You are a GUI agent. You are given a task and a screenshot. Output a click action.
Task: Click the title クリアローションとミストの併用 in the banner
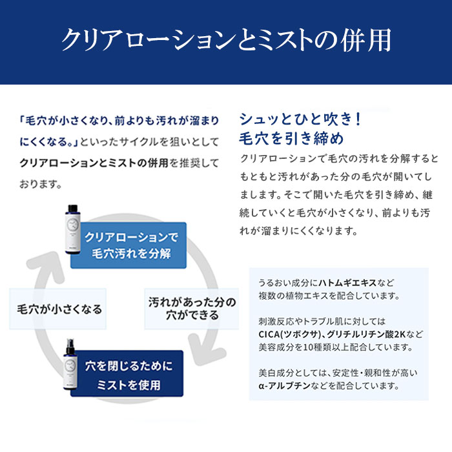coord(226,40)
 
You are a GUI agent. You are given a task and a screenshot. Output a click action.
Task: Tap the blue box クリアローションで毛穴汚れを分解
coord(128,245)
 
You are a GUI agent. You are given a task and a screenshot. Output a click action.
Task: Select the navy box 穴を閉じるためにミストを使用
coord(127,374)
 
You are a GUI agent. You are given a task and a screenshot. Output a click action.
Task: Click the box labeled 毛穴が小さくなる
coord(58,309)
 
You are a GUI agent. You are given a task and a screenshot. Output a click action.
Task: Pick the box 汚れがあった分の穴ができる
coord(192,309)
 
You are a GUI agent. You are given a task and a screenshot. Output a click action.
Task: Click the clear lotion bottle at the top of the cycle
coord(72,229)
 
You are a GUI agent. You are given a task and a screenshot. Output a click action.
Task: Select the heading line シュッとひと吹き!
coord(300,119)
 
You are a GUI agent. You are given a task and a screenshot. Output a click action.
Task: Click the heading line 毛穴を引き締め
coord(291,139)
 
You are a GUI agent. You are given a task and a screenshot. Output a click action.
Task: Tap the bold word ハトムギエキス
coord(347,283)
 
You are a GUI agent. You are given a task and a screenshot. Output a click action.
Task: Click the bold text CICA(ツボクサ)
coord(289,334)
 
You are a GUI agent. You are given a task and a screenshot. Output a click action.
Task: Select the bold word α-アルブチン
coord(285,385)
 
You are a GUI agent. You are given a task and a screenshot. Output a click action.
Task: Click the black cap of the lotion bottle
coord(72,209)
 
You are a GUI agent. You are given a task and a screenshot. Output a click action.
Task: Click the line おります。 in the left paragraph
coord(41,184)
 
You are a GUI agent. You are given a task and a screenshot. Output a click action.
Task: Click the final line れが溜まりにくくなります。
coord(298,231)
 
